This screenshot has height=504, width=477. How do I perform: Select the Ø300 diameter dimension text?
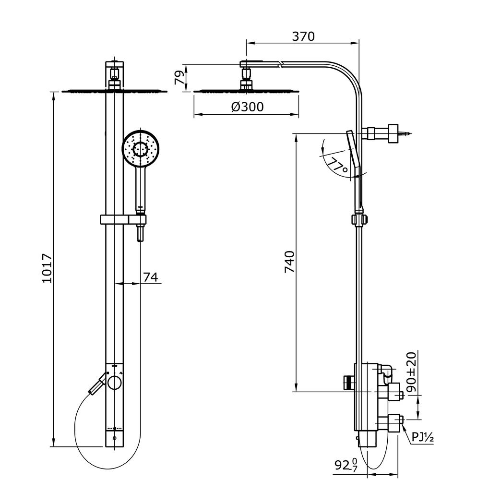pos(247,107)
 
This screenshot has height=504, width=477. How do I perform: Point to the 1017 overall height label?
pos(47,268)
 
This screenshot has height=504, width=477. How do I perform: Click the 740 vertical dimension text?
pos(290,262)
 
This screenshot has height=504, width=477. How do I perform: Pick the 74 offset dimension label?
pos(151,277)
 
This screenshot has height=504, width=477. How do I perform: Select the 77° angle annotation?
pos(338,166)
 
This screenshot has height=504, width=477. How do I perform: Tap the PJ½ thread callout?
pos(422,437)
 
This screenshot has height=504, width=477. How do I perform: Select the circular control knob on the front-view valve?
pos(115,383)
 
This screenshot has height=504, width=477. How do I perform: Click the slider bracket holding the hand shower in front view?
pos(122,219)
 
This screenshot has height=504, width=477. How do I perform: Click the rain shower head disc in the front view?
pos(114,91)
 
